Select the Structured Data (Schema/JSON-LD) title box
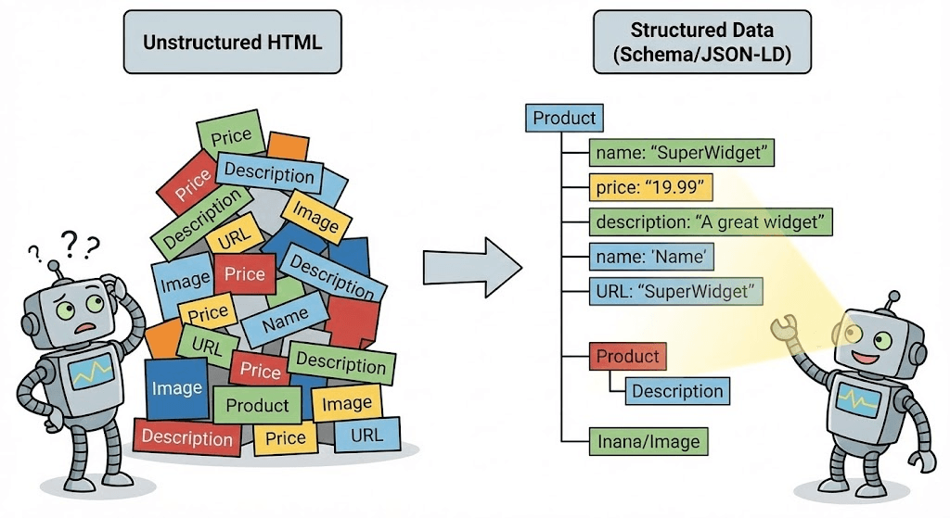click(702, 43)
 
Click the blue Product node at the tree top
click(564, 118)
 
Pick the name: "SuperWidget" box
click(681, 153)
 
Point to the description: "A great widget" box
click(711, 222)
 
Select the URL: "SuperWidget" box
click(676, 291)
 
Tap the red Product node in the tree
click(628, 357)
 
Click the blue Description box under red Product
click(676, 391)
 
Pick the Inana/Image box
click(648, 441)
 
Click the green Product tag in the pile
click(258, 405)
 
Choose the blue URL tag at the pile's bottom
click(366, 435)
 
